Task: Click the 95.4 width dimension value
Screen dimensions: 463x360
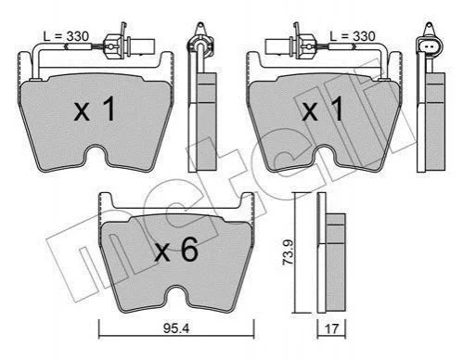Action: point(176,328)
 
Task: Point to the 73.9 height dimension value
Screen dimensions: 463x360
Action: point(289,251)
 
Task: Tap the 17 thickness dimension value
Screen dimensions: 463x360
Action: point(331,328)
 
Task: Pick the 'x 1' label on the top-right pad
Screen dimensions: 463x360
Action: point(323,109)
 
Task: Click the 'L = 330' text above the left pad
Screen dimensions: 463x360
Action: point(66,36)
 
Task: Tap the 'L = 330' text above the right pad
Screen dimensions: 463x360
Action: point(353,36)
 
